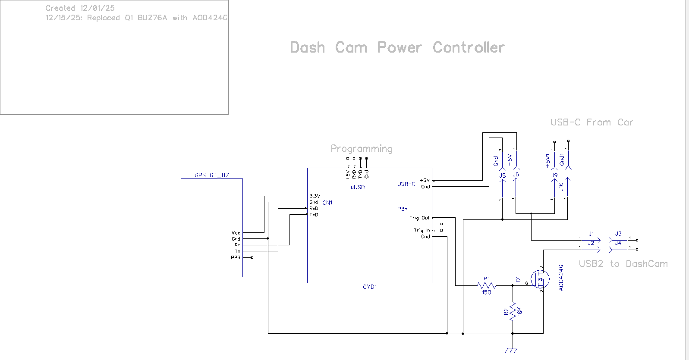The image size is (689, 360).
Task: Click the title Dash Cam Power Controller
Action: (x=397, y=47)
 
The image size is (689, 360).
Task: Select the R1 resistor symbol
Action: (x=486, y=285)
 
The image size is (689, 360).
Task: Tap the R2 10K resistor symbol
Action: (x=513, y=311)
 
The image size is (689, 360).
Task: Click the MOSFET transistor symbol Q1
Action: (x=539, y=279)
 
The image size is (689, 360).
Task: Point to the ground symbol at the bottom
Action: (x=513, y=350)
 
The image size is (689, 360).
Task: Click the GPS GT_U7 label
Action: (x=211, y=175)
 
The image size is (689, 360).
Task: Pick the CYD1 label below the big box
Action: (x=370, y=287)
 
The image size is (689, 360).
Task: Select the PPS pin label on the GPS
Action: (x=235, y=257)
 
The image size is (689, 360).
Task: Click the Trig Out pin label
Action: (x=419, y=218)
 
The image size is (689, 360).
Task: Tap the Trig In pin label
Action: (x=422, y=230)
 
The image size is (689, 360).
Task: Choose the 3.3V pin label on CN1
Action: (x=315, y=196)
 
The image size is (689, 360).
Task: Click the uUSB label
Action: (x=358, y=187)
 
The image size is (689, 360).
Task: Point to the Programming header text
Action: (x=362, y=149)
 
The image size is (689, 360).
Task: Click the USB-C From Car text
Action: (x=591, y=122)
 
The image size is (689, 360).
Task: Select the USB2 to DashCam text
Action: (x=623, y=264)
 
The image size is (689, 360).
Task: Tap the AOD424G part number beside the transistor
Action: (x=561, y=278)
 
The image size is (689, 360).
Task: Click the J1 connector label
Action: (x=591, y=234)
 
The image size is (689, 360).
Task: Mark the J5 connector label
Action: (x=502, y=175)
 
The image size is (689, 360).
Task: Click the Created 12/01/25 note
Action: (x=80, y=8)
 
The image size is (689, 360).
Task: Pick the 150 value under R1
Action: (x=486, y=292)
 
